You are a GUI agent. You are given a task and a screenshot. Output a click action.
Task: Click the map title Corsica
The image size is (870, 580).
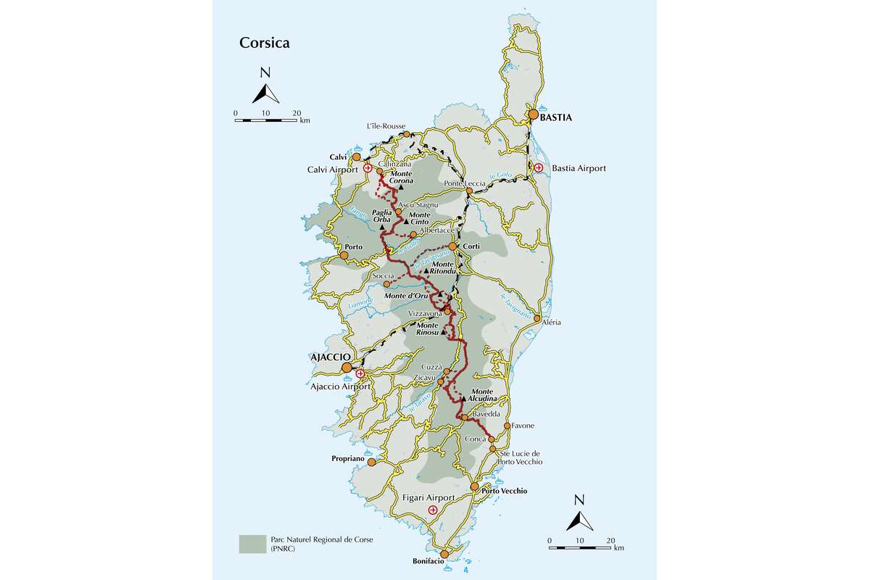click(265, 43)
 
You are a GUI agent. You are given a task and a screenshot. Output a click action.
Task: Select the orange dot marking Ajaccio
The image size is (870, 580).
click(347, 368)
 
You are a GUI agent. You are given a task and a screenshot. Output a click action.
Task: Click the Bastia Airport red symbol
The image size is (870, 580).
click(539, 168)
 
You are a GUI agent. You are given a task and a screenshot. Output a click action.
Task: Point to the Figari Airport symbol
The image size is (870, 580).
click(433, 510)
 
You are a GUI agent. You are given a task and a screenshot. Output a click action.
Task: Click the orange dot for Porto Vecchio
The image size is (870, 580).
click(475, 486)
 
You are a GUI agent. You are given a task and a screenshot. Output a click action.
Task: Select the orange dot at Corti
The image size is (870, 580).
click(452, 246)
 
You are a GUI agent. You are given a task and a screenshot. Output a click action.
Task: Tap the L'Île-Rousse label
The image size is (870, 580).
click(385, 125)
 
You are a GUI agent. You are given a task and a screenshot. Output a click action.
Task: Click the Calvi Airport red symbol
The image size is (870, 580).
click(368, 168)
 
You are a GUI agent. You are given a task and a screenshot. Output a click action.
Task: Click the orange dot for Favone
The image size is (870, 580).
click(507, 426)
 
